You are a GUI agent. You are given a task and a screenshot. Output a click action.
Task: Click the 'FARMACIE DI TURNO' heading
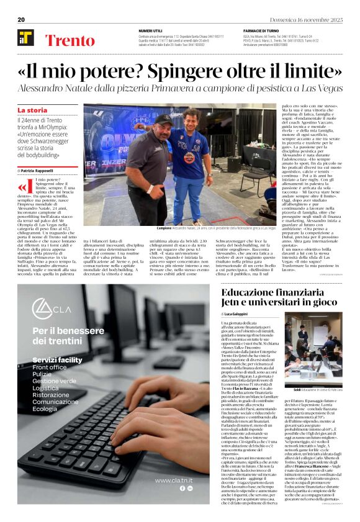pyautogui.click(x=262, y=30)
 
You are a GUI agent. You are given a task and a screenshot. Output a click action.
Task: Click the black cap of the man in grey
pyautogui.click(x=163, y=118)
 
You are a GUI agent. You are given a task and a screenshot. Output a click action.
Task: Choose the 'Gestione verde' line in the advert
pyautogui.click(x=55, y=380)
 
